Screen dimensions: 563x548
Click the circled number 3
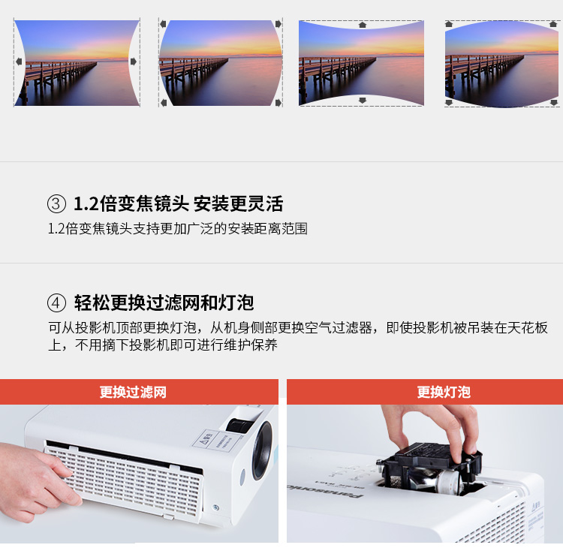[x=56, y=203]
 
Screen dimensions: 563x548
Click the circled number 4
[x=56, y=303]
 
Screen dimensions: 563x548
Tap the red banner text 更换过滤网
[x=133, y=392]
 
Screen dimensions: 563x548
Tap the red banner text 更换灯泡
[x=444, y=392]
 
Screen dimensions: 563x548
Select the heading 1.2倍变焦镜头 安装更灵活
[x=178, y=203]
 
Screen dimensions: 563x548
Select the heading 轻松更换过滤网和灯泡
[x=164, y=303]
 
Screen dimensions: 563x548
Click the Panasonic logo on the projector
[x=325, y=492]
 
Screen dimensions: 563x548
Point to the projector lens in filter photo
[x=263, y=450]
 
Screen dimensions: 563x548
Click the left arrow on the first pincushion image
[x=19, y=62]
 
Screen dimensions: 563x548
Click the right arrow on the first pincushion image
[x=133, y=62]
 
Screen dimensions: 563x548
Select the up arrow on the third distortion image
[x=363, y=25]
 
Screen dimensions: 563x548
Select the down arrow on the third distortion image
[x=363, y=100]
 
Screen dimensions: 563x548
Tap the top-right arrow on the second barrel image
[x=278, y=24]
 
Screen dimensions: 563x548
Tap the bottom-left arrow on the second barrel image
[x=164, y=103]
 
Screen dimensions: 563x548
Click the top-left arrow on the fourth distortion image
[x=449, y=24]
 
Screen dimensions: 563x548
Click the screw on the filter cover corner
[x=215, y=507]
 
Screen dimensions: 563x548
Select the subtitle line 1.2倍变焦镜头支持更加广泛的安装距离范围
[x=178, y=228]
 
